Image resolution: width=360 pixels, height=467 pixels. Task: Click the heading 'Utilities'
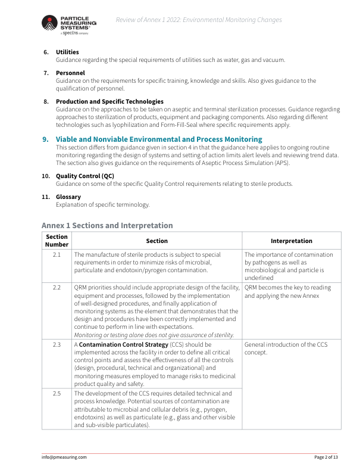(x=67, y=52)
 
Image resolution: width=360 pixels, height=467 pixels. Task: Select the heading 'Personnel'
(x=70, y=73)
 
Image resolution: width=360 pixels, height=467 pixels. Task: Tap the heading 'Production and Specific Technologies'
(x=109, y=101)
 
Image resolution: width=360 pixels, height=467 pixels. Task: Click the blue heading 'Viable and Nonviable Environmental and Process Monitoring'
(x=159, y=139)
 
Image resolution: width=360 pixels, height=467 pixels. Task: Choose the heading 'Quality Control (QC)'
(x=84, y=176)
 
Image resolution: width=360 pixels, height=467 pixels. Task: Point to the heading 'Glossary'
(x=68, y=197)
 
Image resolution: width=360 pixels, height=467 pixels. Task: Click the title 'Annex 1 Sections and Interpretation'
(x=107, y=225)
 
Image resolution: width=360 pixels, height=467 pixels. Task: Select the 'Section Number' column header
(x=57, y=241)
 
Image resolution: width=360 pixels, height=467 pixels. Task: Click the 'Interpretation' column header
(x=291, y=241)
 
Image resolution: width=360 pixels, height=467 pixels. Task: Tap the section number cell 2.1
(x=57, y=254)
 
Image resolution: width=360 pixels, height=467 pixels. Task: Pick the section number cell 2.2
(x=57, y=287)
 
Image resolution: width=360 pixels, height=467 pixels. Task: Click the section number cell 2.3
(x=57, y=344)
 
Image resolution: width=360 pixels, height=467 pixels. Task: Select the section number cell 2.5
(x=57, y=393)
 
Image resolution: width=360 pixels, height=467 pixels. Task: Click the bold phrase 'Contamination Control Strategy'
(x=123, y=344)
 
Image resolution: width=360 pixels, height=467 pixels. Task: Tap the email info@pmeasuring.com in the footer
(x=64, y=457)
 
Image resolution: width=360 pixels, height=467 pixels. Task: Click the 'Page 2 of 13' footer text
(x=326, y=457)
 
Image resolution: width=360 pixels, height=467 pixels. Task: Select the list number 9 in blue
(x=45, y=139)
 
